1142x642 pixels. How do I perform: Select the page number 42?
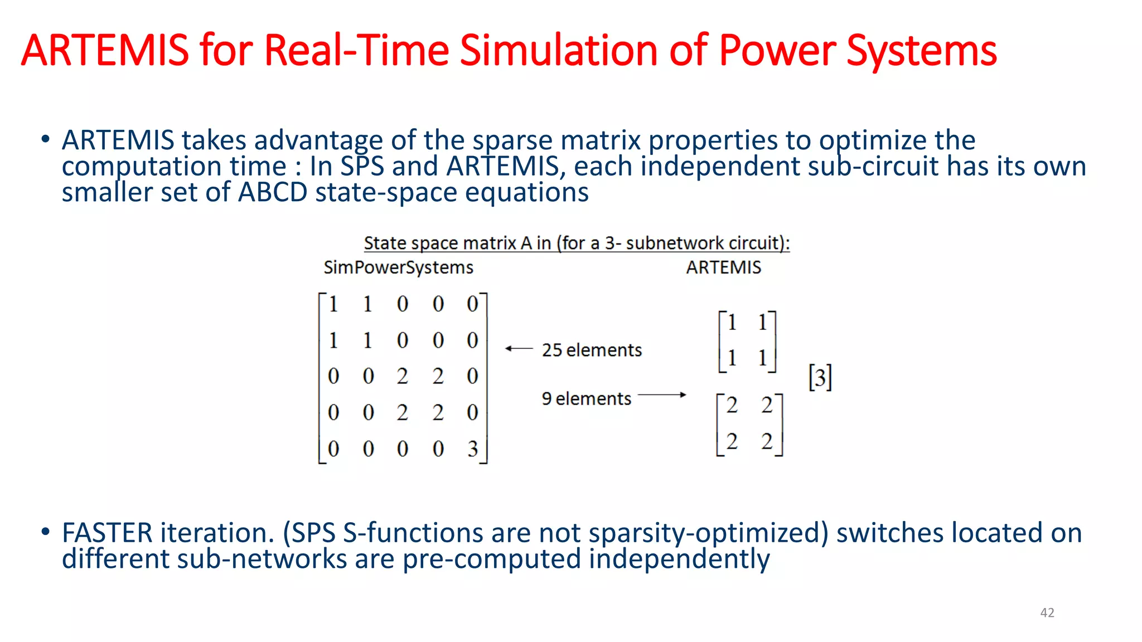point(1047,612)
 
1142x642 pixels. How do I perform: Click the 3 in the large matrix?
point(473,449)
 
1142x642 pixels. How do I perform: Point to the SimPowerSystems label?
point(398,267)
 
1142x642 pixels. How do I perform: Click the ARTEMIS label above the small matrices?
point(723,267)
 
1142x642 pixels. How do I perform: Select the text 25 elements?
point(592,350)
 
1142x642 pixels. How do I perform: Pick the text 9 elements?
point(586,398)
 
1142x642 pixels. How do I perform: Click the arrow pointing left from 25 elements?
point(519,349)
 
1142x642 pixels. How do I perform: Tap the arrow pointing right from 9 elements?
point(662,395)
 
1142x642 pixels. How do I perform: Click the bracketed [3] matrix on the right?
point(820,378)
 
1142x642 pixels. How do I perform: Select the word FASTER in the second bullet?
point(107,533)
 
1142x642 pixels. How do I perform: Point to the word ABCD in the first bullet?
point(273,192)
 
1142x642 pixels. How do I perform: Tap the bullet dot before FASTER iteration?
point(45,531)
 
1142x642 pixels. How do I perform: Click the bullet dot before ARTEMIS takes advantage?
point(45,139)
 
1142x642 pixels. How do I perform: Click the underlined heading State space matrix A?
point(577,243)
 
